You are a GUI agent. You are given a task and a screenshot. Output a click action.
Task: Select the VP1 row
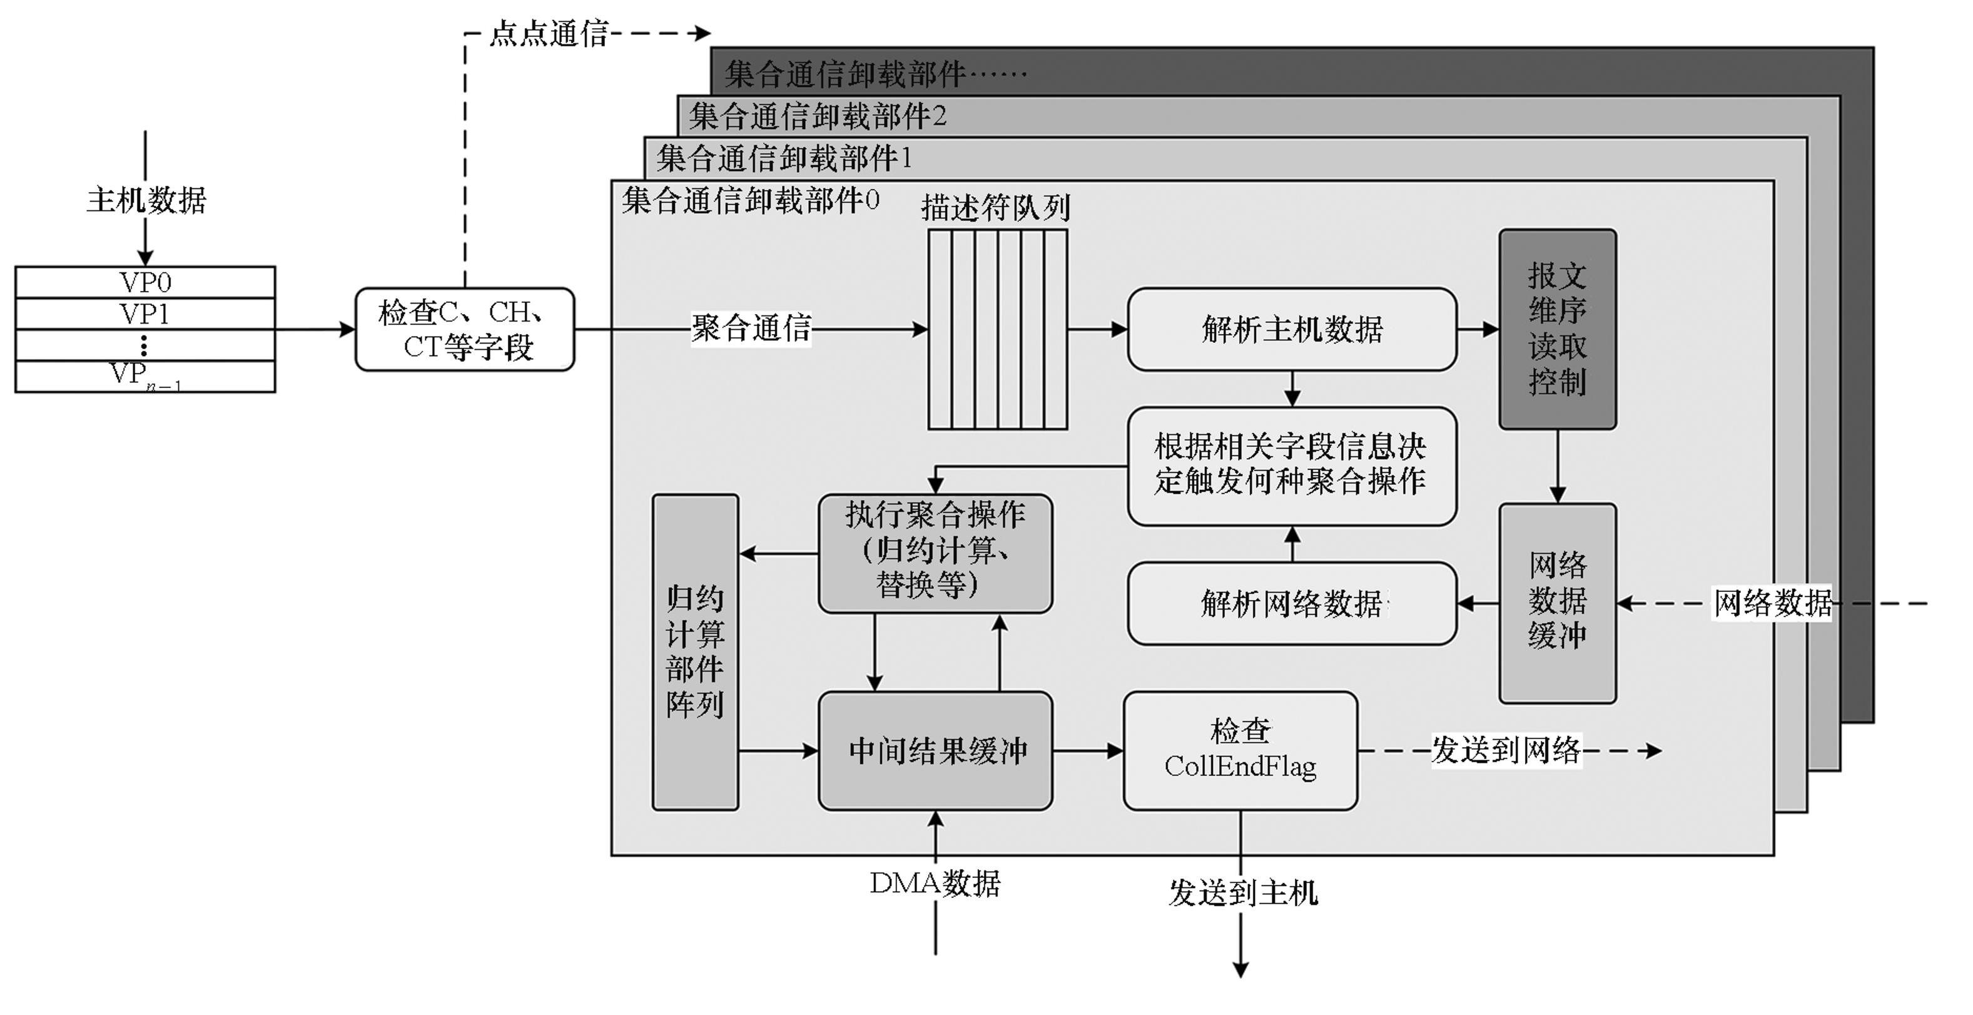pyautogui.click(x=145, y=314)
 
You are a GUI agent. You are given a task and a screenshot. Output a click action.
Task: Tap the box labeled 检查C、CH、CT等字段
pyautogui.click(x=465, y=329)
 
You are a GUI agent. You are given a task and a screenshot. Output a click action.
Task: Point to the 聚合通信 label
pyautogui.click(x=751, y=329)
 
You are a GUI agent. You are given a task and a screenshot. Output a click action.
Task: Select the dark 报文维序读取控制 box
pyautogui.click(x=1557, y=329)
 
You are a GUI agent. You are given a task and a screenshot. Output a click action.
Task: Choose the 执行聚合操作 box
pyautogui.click(x=935, y=553)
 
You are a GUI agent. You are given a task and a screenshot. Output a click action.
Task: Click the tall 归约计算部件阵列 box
pyautogui.click(x=695, y=652)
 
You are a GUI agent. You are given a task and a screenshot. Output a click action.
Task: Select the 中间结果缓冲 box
pyautogui.click(x=935, y=751)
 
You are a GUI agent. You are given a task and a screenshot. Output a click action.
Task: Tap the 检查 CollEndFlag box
pyautogui.click(x=1240, y=751)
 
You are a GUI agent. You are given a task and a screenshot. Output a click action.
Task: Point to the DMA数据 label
pyautogui.click(x=935, y=883)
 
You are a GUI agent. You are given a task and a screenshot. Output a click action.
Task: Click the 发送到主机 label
pyautogui.click(x=1242, y=893)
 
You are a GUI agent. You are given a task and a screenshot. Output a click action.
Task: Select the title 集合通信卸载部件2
pyautogui.click(x=817, y=116)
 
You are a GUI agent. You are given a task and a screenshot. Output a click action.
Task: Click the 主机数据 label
pyautogui.click(x=146, y=200)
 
